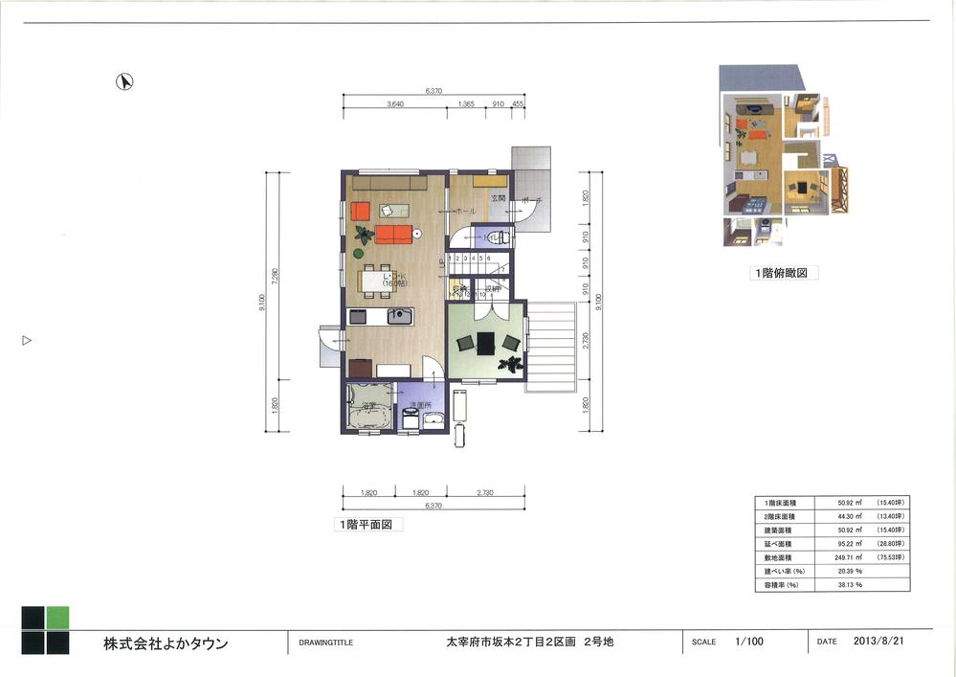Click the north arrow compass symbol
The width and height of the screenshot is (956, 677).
(x=123, y=82)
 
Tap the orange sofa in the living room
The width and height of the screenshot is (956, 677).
(x=393, y=233)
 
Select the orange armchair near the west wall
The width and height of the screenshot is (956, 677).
(x=360, y=210)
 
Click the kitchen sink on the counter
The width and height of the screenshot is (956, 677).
(x=397, y=317)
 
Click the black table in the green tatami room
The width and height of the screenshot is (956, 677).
(x=486, y=342)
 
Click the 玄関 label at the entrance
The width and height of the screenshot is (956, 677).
(x=498, y=197)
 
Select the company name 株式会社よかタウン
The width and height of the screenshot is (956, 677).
(x=167, y=643)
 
